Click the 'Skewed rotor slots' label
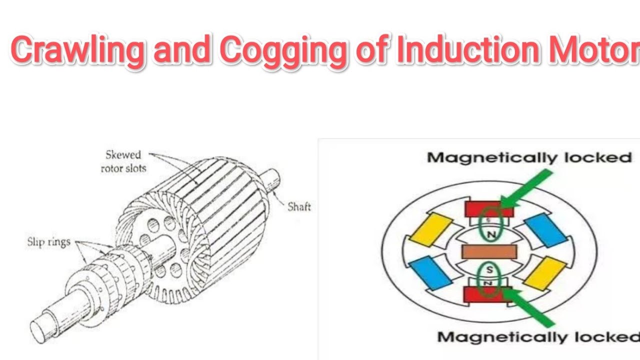tap(123, 161)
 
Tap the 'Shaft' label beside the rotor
tap(299, 206)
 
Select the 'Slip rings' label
tap(48, 242)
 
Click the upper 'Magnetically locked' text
tap(529, 158)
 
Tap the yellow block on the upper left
tap(429, 229)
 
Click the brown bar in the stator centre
tap(488, 251)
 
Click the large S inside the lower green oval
tap(489, 270)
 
